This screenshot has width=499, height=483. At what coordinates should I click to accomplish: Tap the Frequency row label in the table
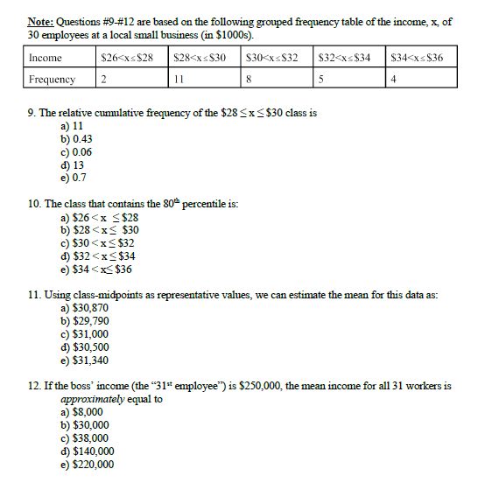coord(53,80)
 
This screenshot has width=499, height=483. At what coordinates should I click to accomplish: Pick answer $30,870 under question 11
coord(85,308)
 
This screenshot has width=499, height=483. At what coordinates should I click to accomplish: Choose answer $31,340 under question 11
coord(85,360)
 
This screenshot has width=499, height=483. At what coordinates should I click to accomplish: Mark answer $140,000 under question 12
coord(88,451)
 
